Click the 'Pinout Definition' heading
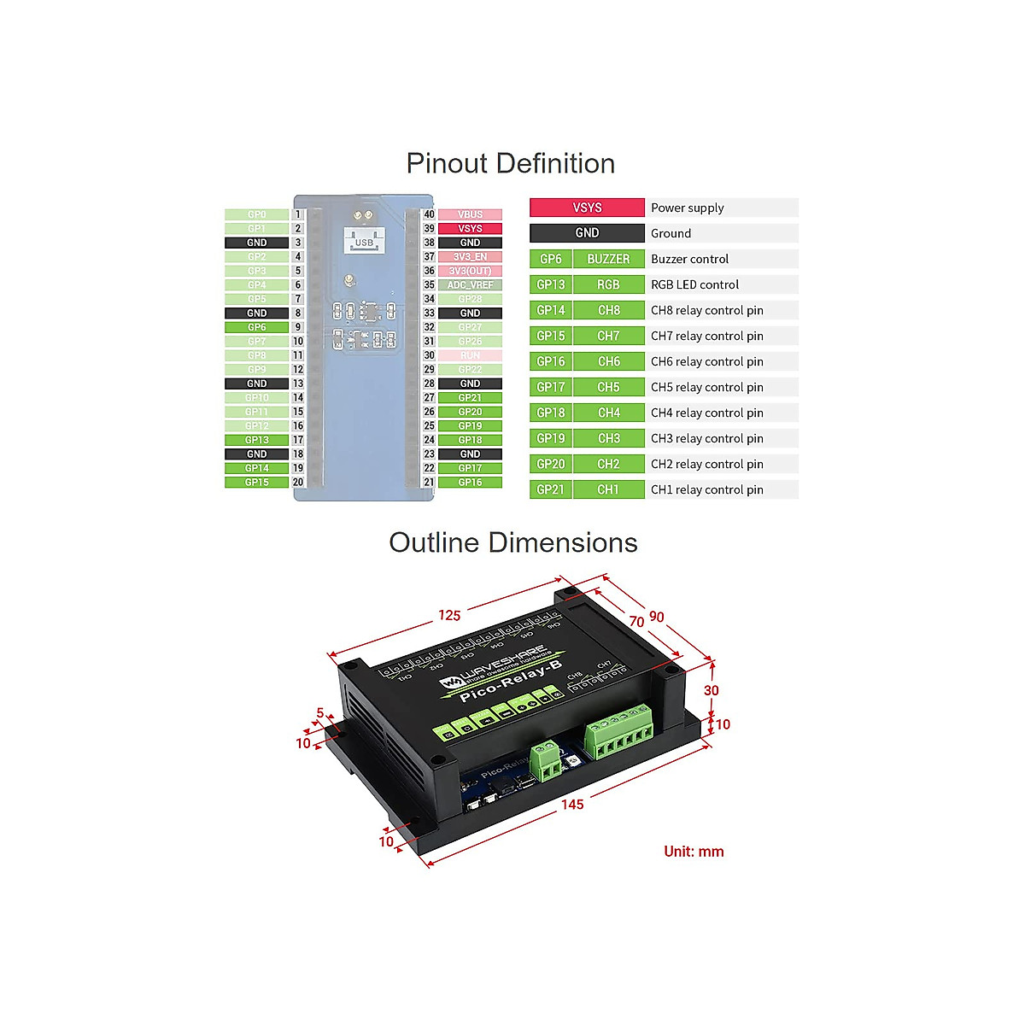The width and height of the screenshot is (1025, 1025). coord(511,163)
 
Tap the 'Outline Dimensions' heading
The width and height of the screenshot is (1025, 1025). coord(512,542)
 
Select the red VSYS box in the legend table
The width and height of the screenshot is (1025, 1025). coord(587,208)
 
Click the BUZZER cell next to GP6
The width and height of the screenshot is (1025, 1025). coord(608,259)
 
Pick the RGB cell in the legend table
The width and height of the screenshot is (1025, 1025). coord(608,284)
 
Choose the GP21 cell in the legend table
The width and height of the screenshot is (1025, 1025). coord(551,489)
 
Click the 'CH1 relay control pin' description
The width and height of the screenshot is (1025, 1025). coord(706,489)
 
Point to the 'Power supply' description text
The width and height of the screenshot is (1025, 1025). coord(687,208)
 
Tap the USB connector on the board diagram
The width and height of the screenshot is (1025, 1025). coord(364,241)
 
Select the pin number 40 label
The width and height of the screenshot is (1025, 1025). coord(429,214)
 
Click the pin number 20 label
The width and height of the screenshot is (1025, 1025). coord(298,482)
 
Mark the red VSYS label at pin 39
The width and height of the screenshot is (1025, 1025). coord(470,229)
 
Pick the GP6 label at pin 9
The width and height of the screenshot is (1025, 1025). coord(256,327)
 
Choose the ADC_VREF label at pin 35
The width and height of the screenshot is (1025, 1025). coord(470,285)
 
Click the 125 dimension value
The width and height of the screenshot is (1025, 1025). coord(449,615)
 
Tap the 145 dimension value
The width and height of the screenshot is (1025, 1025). coord(572,805)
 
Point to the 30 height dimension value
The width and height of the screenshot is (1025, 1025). coord(712,690)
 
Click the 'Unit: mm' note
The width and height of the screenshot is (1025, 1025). coord(694,852)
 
